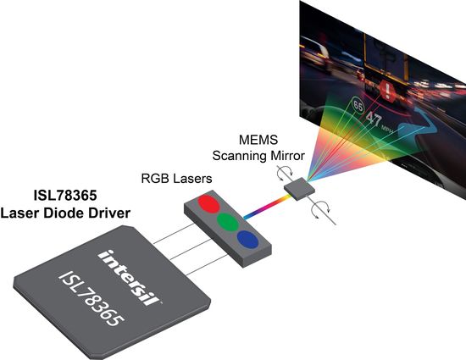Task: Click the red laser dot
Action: (x=208, y=204)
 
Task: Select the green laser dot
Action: (x=228, y=222)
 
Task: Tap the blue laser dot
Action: (x=247, y=240)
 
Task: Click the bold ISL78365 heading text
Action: (x=65, y=196)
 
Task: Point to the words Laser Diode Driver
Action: (x=65, y=213)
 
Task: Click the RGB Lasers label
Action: (x=176, y=179)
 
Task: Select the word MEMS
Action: (x=258, y=140)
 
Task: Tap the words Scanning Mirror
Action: (x=258, y=156)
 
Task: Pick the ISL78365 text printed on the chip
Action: (x=92, y=298)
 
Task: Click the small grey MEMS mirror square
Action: (x=299, y=189)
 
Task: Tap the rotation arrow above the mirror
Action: (x=285, y=173)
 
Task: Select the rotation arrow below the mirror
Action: (x=320, y=209)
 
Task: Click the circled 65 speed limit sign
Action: (x=358, y=106)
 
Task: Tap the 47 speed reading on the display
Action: (x=374, y=119)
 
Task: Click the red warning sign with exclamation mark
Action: (x=387, y=90)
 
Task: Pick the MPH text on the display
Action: (x=387, y=129)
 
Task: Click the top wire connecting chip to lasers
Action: (x=175, y=234)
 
